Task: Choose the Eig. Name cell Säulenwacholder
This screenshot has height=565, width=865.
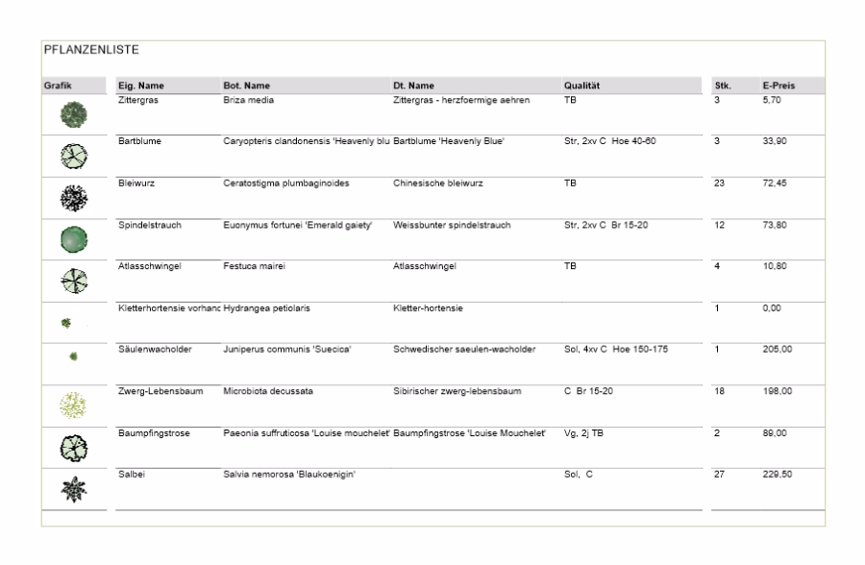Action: click(153, 349)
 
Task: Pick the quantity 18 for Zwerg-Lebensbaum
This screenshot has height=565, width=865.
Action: click(719, 391)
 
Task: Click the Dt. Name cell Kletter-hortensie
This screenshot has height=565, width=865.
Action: click(429, 307)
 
